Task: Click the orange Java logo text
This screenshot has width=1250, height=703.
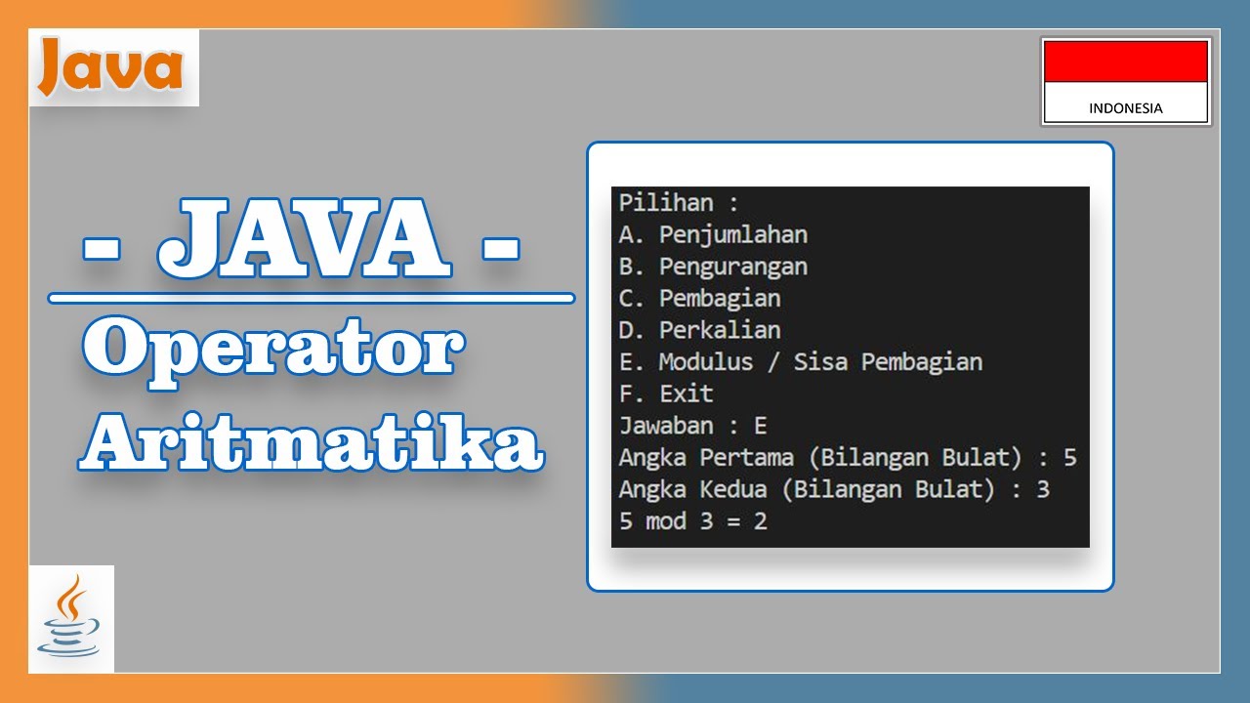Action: (110, 68)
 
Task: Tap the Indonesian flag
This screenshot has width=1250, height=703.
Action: (1126, 80)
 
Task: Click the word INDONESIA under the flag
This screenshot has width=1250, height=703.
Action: (1126, 108)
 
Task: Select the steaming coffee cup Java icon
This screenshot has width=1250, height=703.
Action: (70, 617)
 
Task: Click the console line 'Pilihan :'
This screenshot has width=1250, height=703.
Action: (679, 203)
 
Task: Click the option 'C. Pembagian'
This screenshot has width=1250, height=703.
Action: (699, 298)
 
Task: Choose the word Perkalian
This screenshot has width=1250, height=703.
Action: (719, 330)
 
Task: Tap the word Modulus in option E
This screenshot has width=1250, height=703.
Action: (706, 362)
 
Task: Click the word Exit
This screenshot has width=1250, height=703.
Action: (686, 393)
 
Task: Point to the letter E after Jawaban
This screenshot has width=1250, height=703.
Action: (761, 426)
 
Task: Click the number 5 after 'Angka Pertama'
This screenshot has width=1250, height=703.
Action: (1069, 457)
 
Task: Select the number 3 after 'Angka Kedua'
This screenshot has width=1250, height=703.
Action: (1042, 488)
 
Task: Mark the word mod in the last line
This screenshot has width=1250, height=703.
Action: (665, 521)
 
